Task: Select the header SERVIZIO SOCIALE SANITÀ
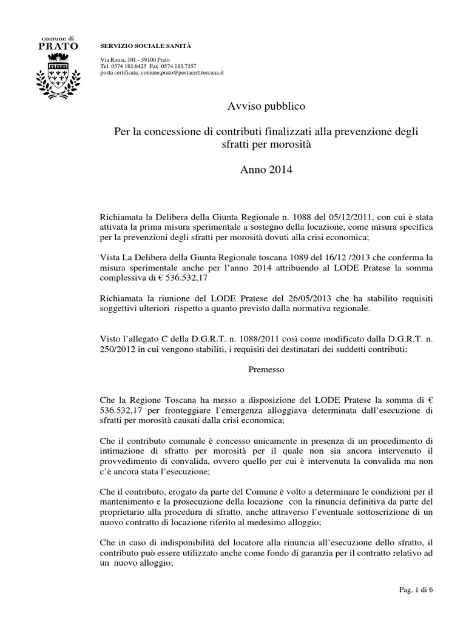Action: click(137, 46)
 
